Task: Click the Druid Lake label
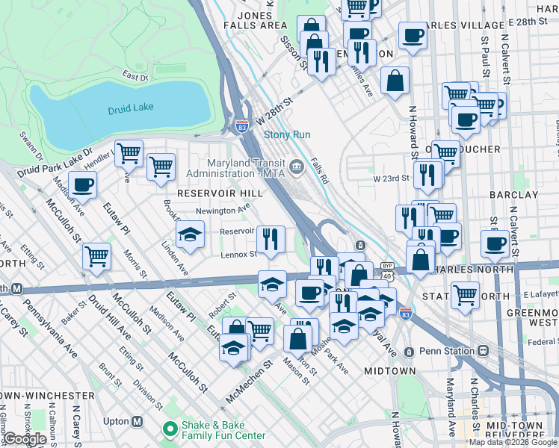coord(130,108)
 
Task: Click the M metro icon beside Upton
coord(137,421)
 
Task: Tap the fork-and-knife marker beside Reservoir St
coord(271,239)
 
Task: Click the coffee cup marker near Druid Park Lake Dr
coord(82,184)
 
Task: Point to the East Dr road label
coord(135,76)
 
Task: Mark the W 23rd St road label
coord(392,178)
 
